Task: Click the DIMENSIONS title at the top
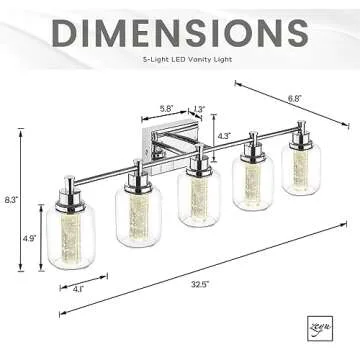(x=180, y=32)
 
